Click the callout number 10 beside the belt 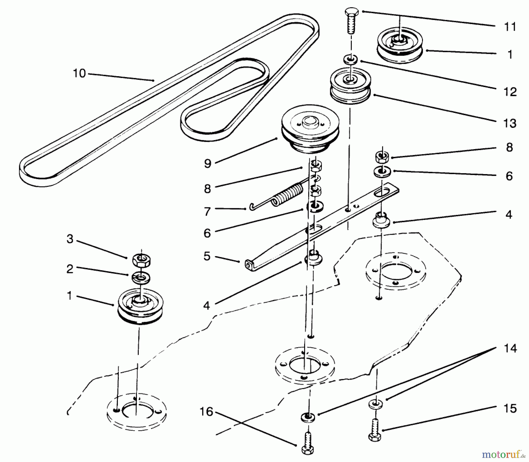[79, 73]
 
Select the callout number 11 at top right [510, 27]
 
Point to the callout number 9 [207, 164]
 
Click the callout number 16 [206, 412]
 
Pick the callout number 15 [510, 408]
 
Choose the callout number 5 [207, 256]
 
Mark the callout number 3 [70, 239]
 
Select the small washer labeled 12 [350, 59]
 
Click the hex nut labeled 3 [142, 259]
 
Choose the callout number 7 [207, 211]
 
